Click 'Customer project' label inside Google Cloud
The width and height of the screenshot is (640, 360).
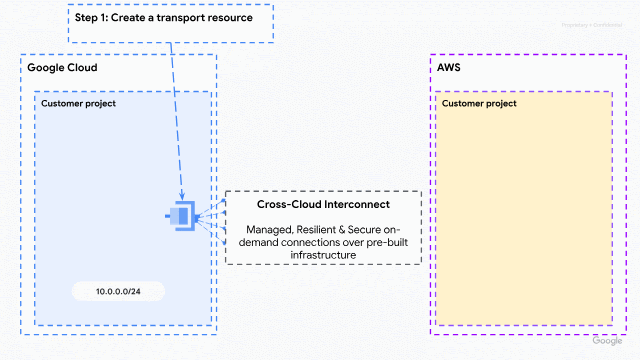pyautogui.click(x=79, y=103)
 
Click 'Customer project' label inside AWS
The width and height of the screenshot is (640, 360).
pyautogui.click(x=479, y=103)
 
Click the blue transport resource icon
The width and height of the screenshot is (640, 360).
pyautogui.click(x=181, y=215)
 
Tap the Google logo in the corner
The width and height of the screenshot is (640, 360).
pyautogui.click(x=607, y=341)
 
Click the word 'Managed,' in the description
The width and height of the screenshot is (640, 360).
pyautogui.click(x=268, y=229)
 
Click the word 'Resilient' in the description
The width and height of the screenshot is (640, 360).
pyautogui.click(x=315, y=229)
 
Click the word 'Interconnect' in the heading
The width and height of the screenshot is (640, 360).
pyautogui.click(x=358, y=204)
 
